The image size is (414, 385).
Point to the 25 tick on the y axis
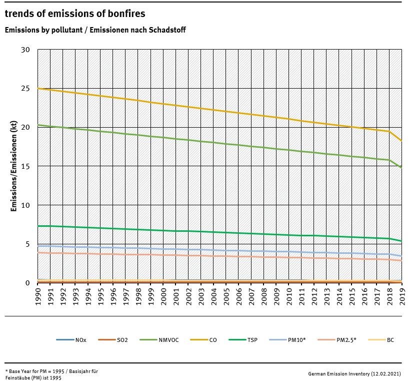tap(26, 89)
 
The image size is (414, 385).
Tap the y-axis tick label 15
tap(26, 166)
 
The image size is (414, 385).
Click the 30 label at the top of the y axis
tap(26, 50)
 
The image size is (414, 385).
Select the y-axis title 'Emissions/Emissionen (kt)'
tap(14, 166)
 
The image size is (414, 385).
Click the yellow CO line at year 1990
tap(38, 89)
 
